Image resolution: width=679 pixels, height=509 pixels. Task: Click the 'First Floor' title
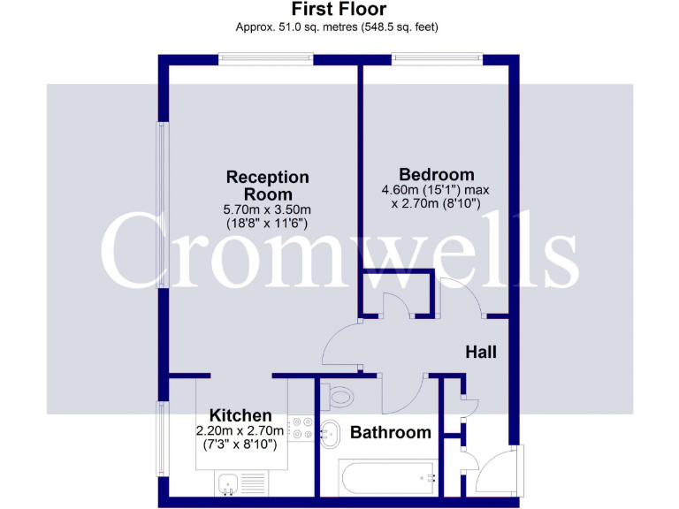pyautogui.click(x=339, y=10)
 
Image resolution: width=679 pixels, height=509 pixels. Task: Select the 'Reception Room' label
pyautogui.click(x=267, y=186)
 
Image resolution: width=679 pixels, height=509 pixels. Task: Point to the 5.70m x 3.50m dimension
pyautogui.click(x=267, y=209)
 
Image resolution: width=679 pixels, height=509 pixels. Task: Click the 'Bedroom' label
pyautogui.click(x=436, y=174)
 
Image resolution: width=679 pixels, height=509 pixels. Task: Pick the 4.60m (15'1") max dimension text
pyautogui.click(x=435, y=190)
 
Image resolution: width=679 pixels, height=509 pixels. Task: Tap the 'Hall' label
pyautogui.click(x=481, y=352)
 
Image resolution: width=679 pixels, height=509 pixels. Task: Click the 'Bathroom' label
pyautogui.click(x=390, y=433)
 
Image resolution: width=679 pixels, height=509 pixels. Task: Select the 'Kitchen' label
pyautogui.click(x=240, y=415)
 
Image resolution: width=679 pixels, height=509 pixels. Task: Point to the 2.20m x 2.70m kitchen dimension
pyautogui.click(x=240, y=431)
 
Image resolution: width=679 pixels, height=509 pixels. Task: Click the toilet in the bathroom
pyautogui.click(x=337, y=396)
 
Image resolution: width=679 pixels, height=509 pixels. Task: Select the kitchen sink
pyautogui.click(x=228, y=483)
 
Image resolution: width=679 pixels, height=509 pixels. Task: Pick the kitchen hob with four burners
pyautogui.click(x=301, y=428)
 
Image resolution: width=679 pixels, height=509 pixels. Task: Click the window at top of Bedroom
pyautogui.click(x=438, y=59)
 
